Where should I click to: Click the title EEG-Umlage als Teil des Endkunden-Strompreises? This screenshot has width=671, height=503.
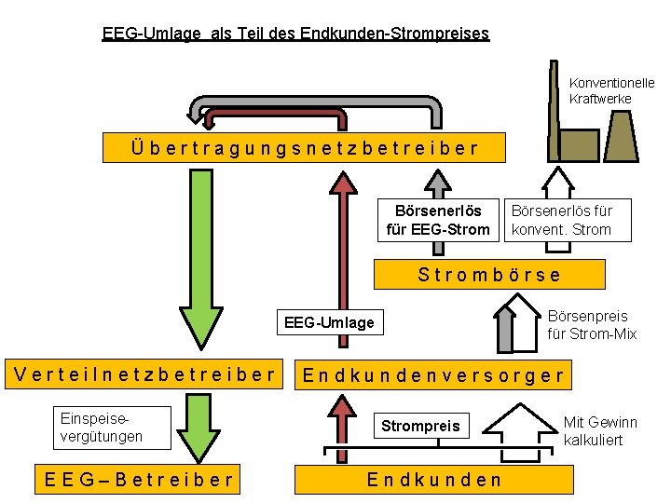point(295,34)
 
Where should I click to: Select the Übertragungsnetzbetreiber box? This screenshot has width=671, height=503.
point(305,147)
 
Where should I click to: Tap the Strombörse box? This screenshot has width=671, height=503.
point(489,274)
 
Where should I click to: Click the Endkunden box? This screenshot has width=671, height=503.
point(433,480)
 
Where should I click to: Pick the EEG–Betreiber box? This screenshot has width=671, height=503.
point(139,480)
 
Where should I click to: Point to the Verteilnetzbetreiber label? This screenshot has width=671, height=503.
point(145,374)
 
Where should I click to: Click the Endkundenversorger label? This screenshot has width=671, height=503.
point(433,375)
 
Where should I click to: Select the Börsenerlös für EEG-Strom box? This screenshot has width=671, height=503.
point(437,221)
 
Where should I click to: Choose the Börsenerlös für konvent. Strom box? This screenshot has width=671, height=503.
point(562,221)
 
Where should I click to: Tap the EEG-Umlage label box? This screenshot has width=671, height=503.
point(329,322)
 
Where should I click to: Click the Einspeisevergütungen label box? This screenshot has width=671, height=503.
point(102,428)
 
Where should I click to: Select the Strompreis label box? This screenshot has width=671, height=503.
point(420,426)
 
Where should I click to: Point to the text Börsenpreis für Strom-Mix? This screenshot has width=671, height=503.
point(592,325)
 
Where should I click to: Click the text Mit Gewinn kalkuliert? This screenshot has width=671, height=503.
point(601,430)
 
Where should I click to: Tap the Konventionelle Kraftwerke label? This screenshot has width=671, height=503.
point(611,90)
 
